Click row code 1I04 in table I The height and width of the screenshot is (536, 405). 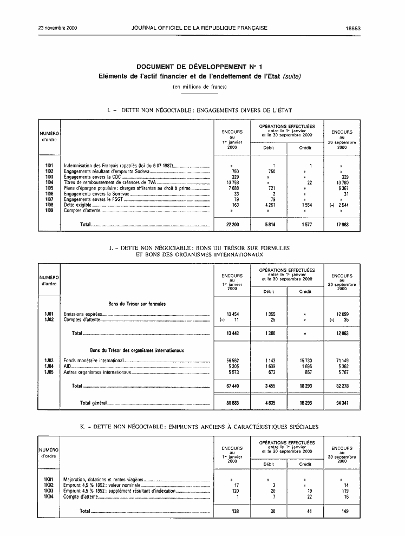(x=49, y=182)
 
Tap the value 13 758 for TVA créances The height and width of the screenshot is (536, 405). (x=231, y=182)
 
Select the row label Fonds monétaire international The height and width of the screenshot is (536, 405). (x=94, y=361)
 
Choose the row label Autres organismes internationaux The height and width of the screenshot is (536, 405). (x=97, y=372)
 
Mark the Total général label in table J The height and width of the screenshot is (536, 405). (x=93, y=403)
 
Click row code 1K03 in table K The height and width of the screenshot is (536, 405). (x=49, y=491)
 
